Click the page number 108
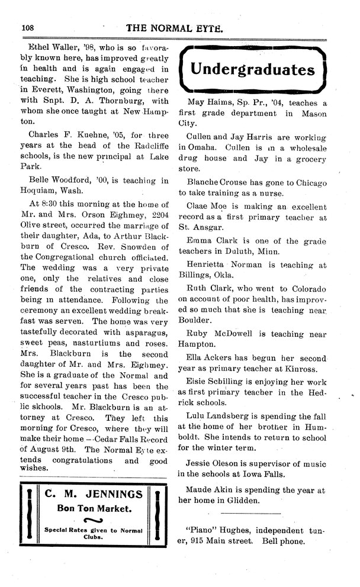pos(29,27)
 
